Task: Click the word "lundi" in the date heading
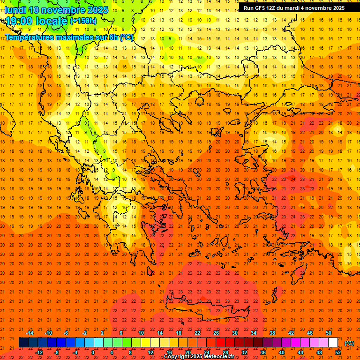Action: pos(15,9)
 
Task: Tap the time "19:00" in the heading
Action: pos(19,21)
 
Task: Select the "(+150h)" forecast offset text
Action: pos(83,21)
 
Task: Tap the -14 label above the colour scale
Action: pos(30,333)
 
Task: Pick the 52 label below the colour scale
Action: pos(338,352)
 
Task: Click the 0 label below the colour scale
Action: pos(92,352)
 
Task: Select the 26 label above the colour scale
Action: pos(216,333)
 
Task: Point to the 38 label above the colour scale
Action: pos(272,333)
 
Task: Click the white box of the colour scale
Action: pos(333,343)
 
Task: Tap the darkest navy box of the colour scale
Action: pos(23,343)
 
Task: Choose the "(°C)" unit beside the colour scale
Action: pos(349,344)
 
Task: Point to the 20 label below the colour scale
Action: pos(187,352)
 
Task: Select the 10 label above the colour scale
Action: pos(141,333)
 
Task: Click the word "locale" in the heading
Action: pos(51,21)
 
